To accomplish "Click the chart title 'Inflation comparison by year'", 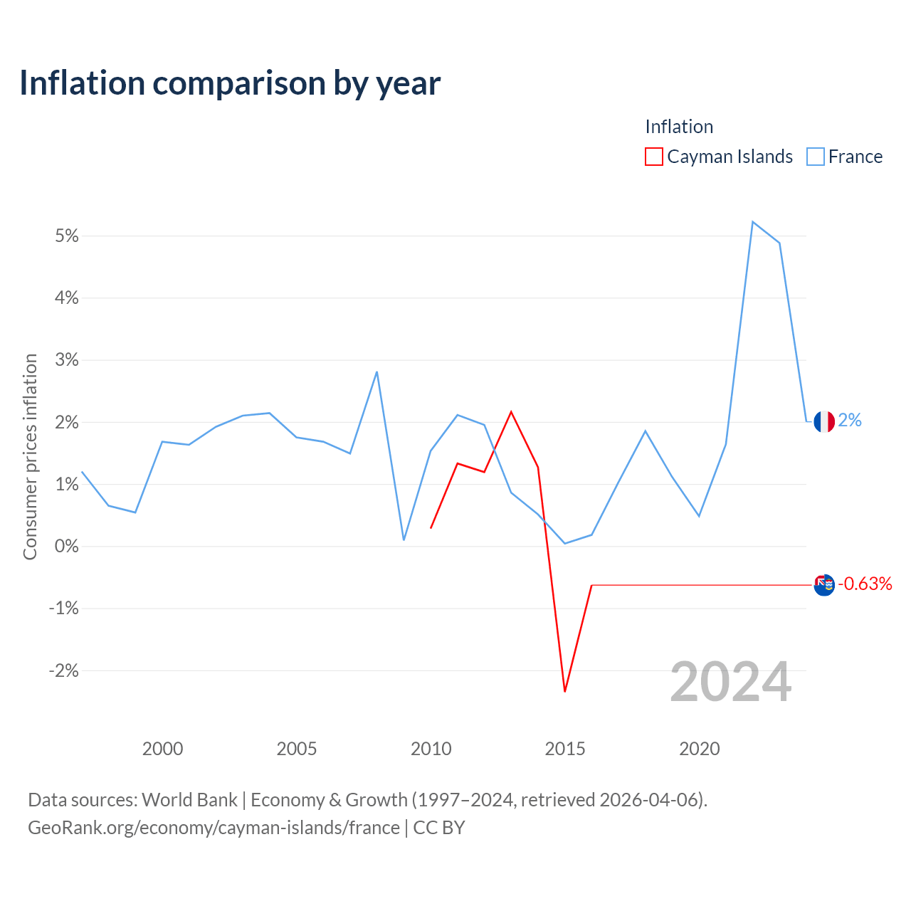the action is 230,83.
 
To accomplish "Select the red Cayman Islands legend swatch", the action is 653,157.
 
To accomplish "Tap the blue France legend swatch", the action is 815,157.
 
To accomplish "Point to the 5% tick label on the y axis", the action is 67,236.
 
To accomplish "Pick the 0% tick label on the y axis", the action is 67,546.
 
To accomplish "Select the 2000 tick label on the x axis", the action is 163,748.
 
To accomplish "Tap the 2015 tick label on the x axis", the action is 565,748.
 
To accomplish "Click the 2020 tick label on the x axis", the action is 699,748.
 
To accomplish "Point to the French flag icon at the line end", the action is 824,421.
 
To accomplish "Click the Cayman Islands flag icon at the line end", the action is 824,585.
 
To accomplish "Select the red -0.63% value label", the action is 865,584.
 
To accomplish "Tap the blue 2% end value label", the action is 850,420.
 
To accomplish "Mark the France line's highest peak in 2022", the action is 752,222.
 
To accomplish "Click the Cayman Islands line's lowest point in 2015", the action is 565,691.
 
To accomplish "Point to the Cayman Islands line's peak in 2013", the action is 511,412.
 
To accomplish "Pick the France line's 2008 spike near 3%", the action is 376,372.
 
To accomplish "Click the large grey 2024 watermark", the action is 730,682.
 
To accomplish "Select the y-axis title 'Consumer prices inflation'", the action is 30,457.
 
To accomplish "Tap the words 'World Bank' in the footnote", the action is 189,799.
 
